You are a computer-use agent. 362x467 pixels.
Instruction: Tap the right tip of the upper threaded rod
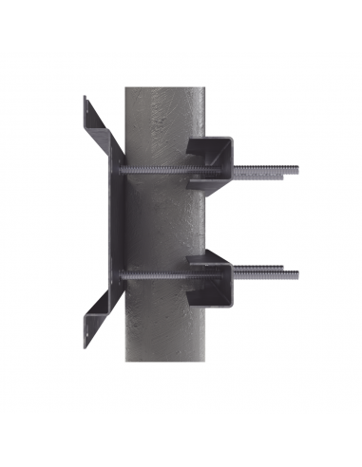point(296,171)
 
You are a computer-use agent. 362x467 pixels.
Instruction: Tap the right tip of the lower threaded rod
point(296,275)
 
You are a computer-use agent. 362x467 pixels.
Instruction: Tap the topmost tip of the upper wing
point(85,96)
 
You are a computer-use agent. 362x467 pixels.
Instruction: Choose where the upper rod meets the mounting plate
point(123,170)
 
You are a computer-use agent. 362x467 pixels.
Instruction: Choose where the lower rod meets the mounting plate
point(123,276)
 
